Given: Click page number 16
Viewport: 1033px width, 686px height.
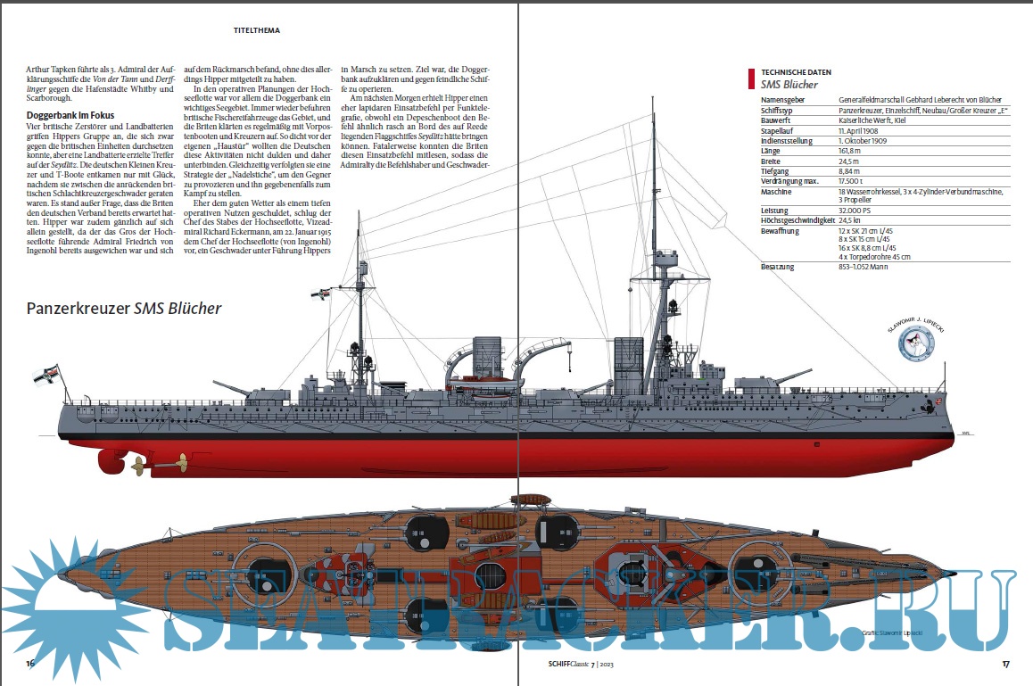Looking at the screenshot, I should (30, 664).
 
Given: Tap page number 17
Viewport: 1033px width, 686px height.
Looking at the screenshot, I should (1004, 664).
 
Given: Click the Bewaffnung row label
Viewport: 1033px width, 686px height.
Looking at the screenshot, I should (781, 230).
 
